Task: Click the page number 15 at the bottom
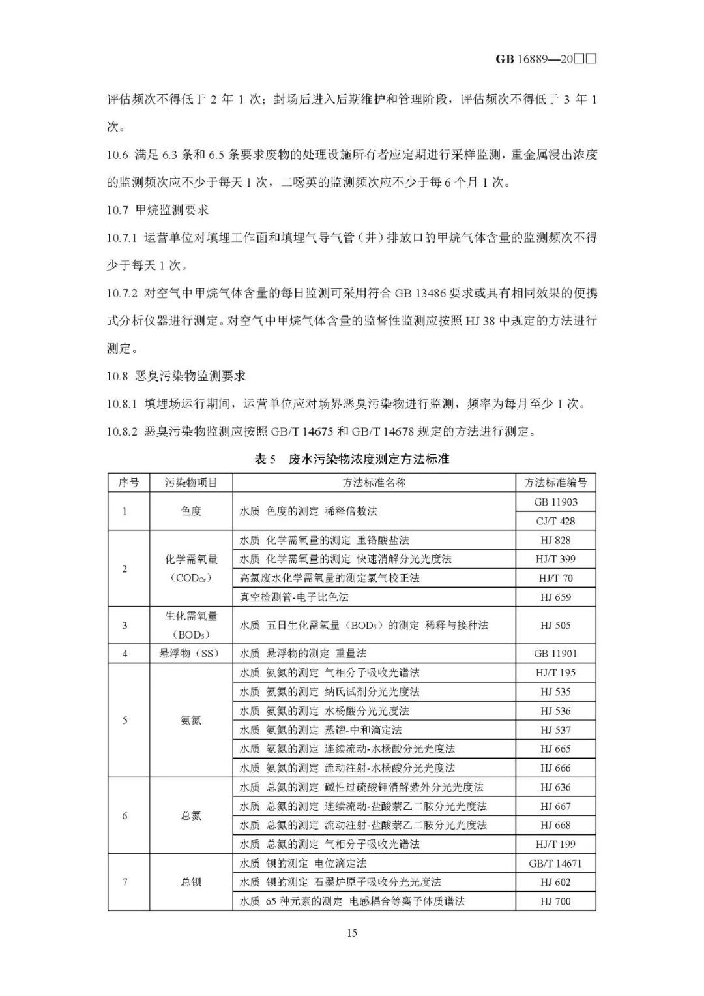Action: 351,933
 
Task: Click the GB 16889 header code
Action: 546,59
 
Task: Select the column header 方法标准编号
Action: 555,483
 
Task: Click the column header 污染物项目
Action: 191,483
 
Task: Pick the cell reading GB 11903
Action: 555,502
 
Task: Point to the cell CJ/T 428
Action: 555,521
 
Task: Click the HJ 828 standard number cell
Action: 555,540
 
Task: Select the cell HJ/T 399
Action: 555,559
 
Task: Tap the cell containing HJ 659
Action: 555,597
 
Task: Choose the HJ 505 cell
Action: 555,626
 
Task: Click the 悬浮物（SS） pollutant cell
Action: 191,654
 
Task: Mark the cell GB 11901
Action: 555,654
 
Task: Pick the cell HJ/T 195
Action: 555,672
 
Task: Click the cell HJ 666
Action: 555,768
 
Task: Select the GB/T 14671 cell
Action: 555,863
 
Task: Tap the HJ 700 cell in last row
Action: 555,901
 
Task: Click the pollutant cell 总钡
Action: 191,883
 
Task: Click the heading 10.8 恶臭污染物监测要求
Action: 176,376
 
